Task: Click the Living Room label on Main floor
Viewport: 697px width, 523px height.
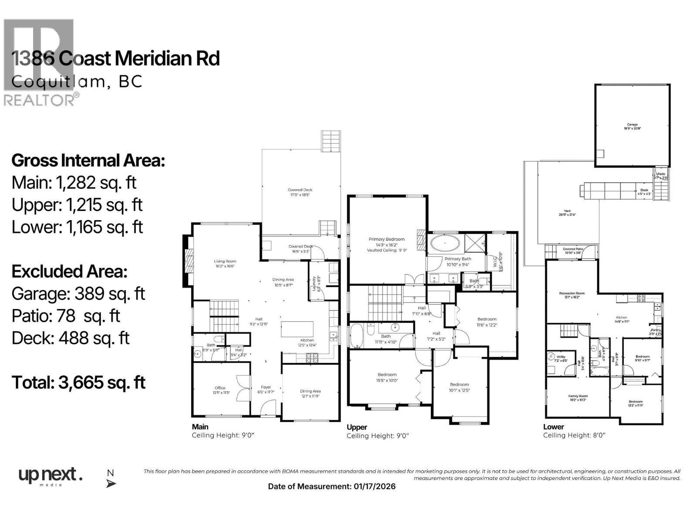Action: tap(225, 261)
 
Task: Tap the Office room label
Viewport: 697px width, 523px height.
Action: tap(220, 388)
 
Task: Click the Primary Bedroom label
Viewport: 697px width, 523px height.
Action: tap(386, 239)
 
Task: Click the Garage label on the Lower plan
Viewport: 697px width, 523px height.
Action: tap(632, 125)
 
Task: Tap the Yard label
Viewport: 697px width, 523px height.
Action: tap(567, 211)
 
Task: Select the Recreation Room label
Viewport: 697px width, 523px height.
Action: tap(572, 293)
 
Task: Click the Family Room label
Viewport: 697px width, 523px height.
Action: tap(578, 396)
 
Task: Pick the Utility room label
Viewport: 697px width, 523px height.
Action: tap(561, 357)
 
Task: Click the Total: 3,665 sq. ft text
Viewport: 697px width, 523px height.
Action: tap(78, 383)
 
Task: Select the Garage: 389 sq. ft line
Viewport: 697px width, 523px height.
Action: tap(78, 294)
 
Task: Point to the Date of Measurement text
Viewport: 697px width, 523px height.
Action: tap(332, 486)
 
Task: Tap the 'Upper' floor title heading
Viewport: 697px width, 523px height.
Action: tap(357, 427)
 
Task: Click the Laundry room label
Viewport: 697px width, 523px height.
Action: tap(313, 283)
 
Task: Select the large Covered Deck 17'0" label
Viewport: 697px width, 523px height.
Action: tap(300, 190)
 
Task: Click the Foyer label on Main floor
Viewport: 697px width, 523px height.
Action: tap(266, 387)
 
